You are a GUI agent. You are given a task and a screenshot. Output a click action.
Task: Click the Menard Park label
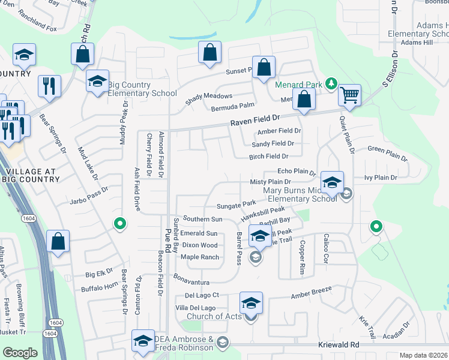pos(299,85)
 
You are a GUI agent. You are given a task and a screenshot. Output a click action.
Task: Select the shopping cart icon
pos(349,95)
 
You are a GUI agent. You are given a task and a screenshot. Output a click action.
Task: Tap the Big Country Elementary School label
pos(142,93)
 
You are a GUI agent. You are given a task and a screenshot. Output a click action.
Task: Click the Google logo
pos(19,353)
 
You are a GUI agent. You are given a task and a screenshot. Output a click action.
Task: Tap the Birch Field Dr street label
pos(269,157)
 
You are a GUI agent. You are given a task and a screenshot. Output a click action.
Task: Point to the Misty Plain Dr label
pos(270,182)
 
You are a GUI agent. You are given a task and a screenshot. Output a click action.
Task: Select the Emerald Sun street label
pos(199,233)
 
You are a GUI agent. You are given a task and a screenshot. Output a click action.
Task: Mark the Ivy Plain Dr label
pos(381,178)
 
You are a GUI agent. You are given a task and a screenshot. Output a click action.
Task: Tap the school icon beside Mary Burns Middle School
pos(331,182)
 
